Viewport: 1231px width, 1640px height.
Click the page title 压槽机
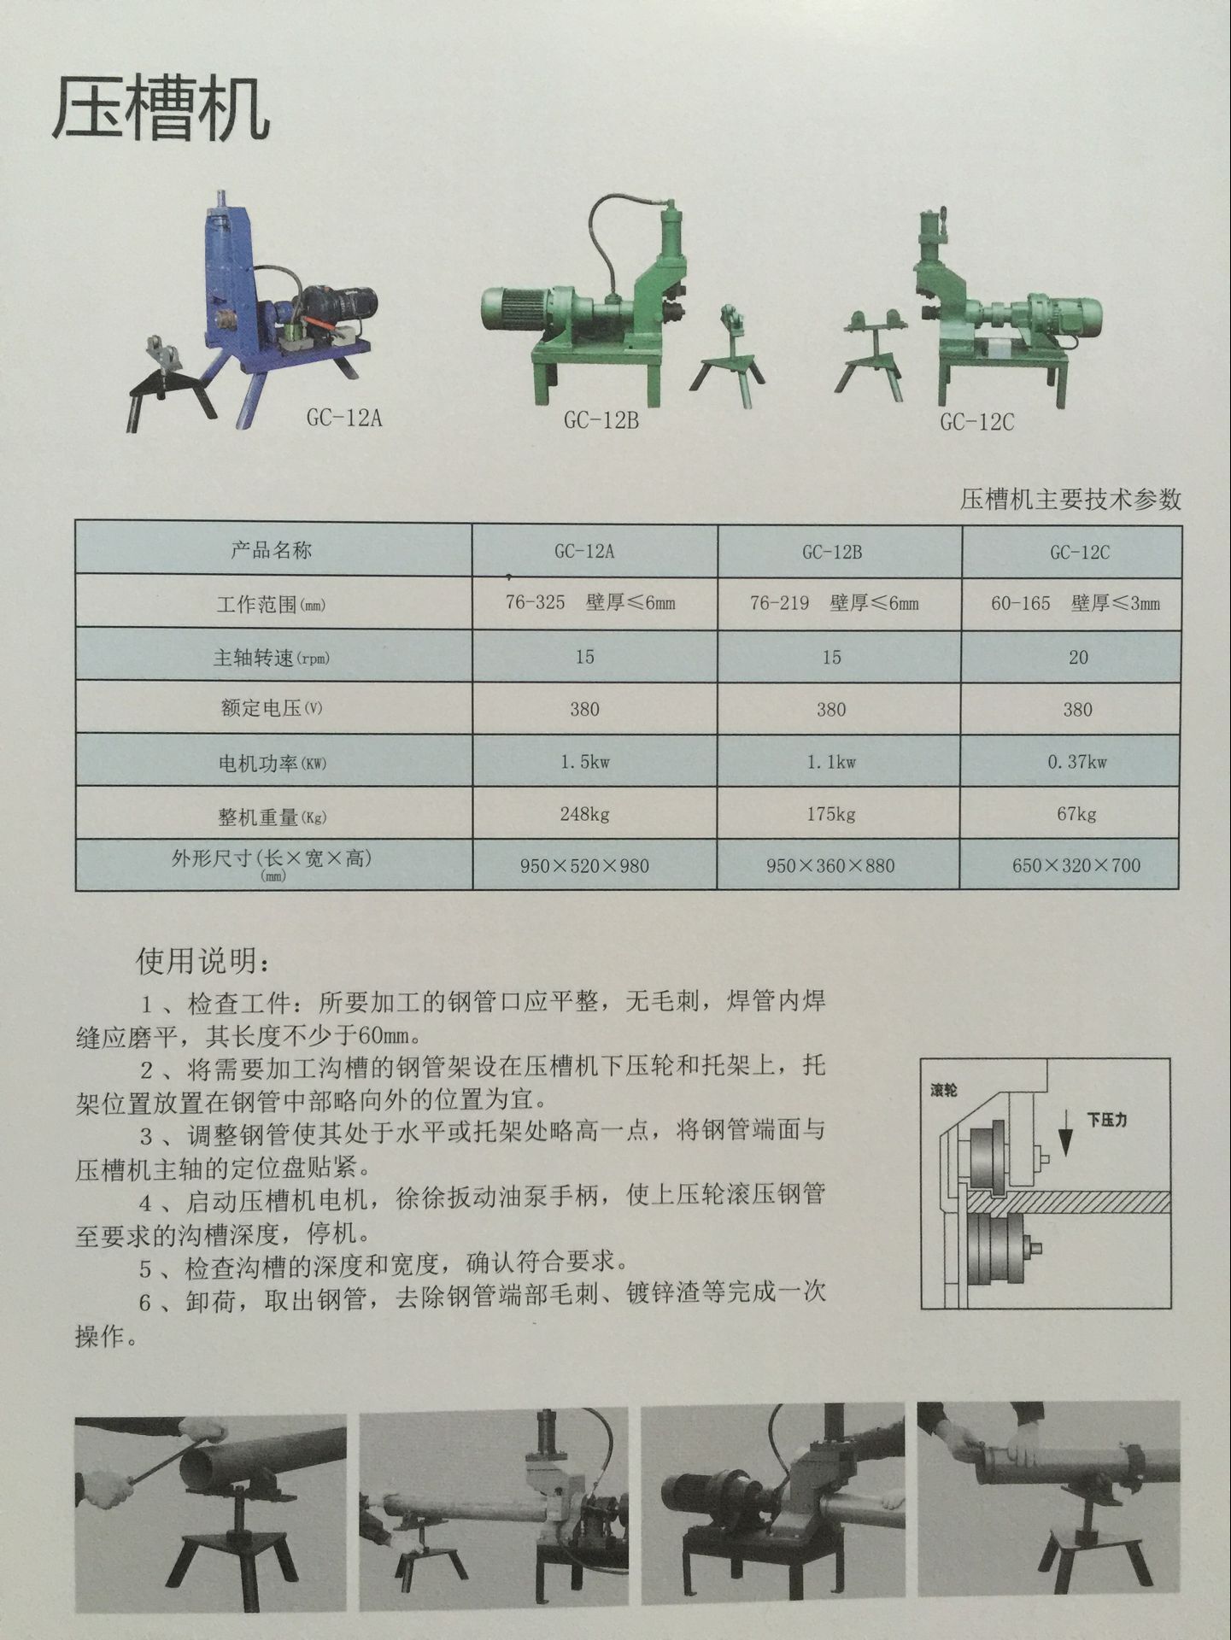click(x=161, y=111)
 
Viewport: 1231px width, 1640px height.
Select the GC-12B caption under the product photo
click(x=601, y=420)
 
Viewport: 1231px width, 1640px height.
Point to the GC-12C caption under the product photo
click(x=977, y=422)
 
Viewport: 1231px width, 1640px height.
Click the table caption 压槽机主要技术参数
click(x=1070, y=500)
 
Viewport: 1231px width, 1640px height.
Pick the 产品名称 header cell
click(x=272, y=551)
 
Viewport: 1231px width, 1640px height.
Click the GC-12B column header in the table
click(x=832, y=552)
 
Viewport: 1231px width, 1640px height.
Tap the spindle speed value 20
click(x=1078, y=657)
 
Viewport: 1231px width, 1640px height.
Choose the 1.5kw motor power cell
click(x=585, y=762)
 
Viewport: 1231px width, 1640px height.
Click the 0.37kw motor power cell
click(x=1077, y=762)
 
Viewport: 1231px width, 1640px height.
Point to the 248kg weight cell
click(x=585, y=814)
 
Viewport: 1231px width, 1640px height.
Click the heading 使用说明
click(x=204, y=963)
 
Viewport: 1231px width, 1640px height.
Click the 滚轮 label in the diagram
click(x=944, y=1091)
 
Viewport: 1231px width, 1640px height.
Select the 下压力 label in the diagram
click(x=1106, y=1119)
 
